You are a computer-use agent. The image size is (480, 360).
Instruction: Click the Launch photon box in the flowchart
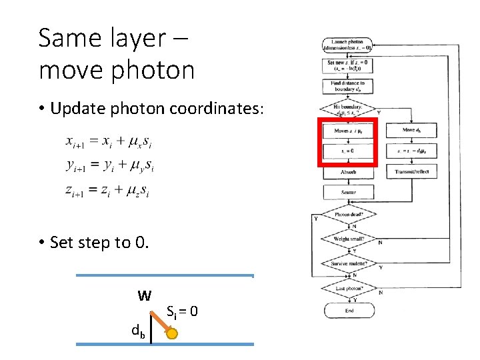(x=348, y=45)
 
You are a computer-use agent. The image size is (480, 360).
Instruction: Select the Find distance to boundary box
(x=348, y=87)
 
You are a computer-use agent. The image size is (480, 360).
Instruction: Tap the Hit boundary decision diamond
(x=348, y=109)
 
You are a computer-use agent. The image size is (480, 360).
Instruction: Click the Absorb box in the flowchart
(x=348, y=171)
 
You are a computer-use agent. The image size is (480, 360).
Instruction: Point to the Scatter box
(x=348, y=193)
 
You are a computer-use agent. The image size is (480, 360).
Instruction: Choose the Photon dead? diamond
(x=348, y=215)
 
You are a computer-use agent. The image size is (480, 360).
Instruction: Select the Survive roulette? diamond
(x=348, y=264)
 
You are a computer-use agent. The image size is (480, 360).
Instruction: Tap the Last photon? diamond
(x=348, y=288)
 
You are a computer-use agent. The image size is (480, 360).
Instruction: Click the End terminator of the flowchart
(x=348, y=311)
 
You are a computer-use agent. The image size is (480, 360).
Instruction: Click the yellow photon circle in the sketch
(x=171, y=334)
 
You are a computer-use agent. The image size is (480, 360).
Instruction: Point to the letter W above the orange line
(x=143, y=295)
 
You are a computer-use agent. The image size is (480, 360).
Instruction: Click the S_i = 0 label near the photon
(x=182, y=311)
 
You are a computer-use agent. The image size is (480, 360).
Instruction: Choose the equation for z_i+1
(x=107, y=191)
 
